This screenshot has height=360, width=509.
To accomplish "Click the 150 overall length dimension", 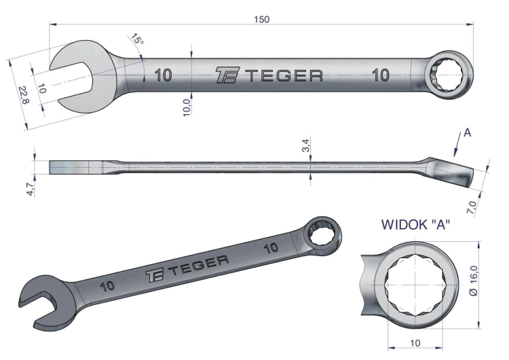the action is (x=262, y=20).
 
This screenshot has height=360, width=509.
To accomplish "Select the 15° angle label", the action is (x=137, y=39).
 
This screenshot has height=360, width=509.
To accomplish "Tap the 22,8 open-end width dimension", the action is (x=24, y=95).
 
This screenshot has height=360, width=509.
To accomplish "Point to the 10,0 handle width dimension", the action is (x=187, y=107).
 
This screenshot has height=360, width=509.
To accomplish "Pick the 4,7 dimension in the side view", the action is (x=30, y=189).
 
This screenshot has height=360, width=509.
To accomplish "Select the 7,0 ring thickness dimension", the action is (x=472, y=208).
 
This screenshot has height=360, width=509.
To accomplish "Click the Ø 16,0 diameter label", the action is (x=474, y=281).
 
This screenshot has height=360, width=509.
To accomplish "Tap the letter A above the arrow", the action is (x=467, y=132).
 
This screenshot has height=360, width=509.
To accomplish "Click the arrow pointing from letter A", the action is (x=457, y=145).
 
